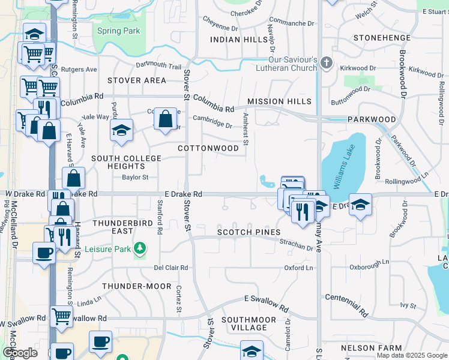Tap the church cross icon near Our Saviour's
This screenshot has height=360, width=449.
click(x=326, y=62)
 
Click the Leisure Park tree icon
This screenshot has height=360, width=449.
click(x=140, y=247)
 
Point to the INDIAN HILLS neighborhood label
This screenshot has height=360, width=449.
click(x=239, y=40)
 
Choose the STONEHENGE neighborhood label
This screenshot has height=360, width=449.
click(x=382, y=37)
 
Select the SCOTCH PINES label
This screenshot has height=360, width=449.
click(x=249, y=232)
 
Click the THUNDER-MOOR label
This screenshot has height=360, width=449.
click(x=137, y=286)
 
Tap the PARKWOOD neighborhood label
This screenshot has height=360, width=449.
click(x=372, y=119)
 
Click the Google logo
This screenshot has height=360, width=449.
click(x=20, y=353)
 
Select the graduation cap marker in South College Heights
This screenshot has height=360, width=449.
click(x=122, y=131)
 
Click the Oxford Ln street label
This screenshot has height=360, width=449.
click(x=298, y=268)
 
